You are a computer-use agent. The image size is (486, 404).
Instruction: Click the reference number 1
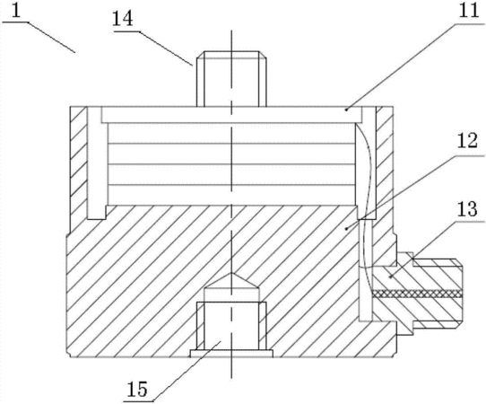16,11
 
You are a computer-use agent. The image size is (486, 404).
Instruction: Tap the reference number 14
122,19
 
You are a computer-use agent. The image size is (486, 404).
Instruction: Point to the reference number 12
467,142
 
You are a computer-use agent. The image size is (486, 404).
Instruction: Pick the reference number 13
466,210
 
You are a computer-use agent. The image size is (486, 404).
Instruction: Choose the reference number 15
137,389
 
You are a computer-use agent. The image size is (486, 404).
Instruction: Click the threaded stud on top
231,79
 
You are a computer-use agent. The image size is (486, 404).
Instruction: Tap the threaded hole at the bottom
231,326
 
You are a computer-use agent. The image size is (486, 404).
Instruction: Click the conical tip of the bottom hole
231,281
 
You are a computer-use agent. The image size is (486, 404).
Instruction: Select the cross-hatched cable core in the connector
418,294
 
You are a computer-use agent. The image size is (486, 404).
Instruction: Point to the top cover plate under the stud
231,115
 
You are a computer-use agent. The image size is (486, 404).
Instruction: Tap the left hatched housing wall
79,169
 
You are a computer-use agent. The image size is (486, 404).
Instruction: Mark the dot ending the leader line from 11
346,110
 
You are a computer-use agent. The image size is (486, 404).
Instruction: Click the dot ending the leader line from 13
391,277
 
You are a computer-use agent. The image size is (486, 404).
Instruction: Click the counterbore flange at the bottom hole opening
231,354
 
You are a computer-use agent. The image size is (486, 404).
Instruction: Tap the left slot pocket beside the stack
97,163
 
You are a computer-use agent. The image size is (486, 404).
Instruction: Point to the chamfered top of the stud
231,55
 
